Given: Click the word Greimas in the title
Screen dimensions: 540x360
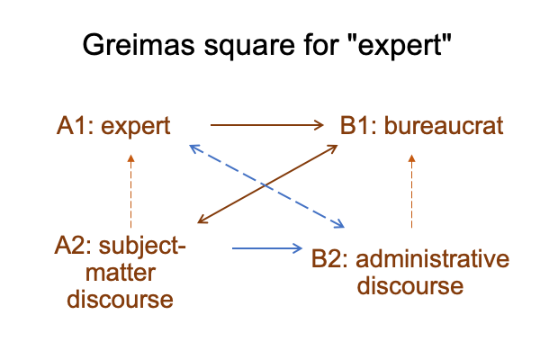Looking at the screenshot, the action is tap(139, 44).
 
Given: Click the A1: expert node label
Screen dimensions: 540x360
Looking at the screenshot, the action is tap(113, 126).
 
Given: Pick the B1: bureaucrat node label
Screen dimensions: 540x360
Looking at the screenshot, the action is tap(421, 125).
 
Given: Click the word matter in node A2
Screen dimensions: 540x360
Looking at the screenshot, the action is tap(121, 273).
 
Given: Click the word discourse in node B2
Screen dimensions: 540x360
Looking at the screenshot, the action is tap(410, 285).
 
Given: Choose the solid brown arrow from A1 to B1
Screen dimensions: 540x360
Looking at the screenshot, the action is tap(267, 125).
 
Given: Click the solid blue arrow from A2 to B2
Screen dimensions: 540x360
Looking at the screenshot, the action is tap(267, 248).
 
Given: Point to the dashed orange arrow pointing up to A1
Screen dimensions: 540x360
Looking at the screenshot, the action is tap(130, 191).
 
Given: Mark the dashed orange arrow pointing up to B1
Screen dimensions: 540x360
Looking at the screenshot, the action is tap(411, 191).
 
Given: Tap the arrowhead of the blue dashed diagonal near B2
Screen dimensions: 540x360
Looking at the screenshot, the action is tap(339, 224).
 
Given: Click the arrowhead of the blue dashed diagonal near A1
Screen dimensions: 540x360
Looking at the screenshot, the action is tap(195, 148).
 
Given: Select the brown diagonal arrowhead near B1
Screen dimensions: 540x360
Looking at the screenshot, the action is tap(332, 148).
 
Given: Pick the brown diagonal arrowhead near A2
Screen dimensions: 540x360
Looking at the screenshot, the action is tap(203, 220).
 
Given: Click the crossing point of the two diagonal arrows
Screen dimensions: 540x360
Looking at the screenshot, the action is tap(265, 185).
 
